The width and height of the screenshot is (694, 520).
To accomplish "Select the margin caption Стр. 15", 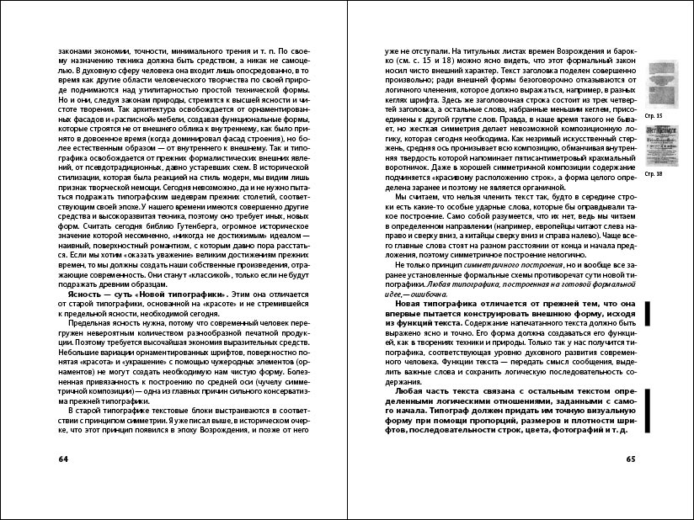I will pyautogui.click(x=653, y=114).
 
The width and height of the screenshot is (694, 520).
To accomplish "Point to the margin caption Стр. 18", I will pyautogui.click(x=653, y=172).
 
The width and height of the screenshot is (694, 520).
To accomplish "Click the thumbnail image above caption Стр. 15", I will pyautogui.click(x=654, y=85).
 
